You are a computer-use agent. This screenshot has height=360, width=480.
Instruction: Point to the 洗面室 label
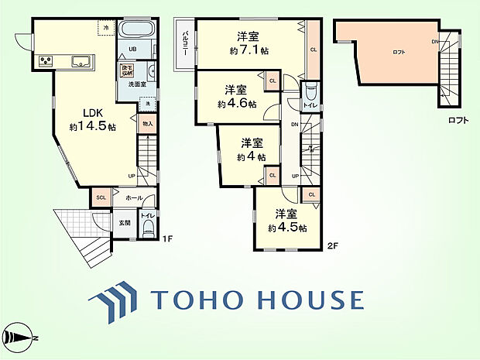[139, 83]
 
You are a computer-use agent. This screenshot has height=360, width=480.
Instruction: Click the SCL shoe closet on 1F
[101, 197]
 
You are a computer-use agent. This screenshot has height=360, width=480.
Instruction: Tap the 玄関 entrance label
[125, 223]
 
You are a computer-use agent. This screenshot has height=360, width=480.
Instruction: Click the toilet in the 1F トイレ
[149, 226]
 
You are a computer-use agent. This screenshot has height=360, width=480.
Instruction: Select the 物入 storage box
[148, 122]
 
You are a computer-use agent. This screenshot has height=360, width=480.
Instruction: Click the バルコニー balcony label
[186, 44]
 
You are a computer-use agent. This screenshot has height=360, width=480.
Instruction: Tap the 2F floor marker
[334, 246]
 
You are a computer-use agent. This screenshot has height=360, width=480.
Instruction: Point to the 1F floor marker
[166, 238]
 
